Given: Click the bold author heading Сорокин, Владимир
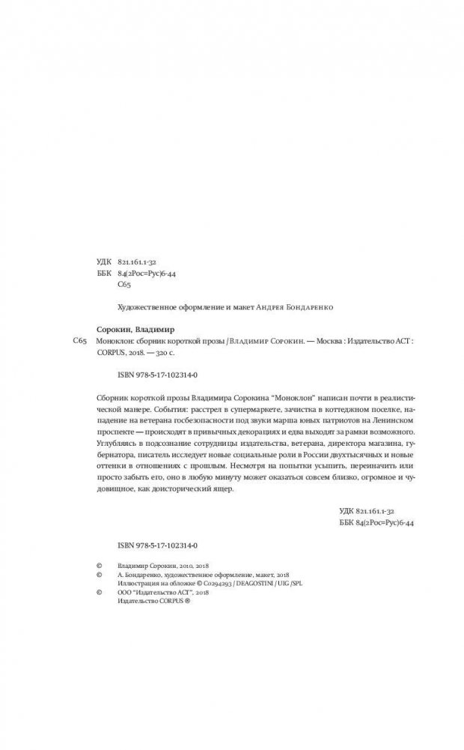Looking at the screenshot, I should coord(135,328).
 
